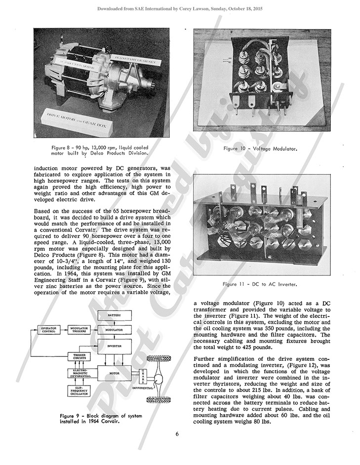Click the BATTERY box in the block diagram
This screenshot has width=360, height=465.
(x=114, y=314)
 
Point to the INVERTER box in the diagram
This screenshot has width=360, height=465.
(x=114, y=346)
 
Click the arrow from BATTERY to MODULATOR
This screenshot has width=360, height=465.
(x=114, y=321)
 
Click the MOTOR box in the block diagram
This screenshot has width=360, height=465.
(x=114, y=374)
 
